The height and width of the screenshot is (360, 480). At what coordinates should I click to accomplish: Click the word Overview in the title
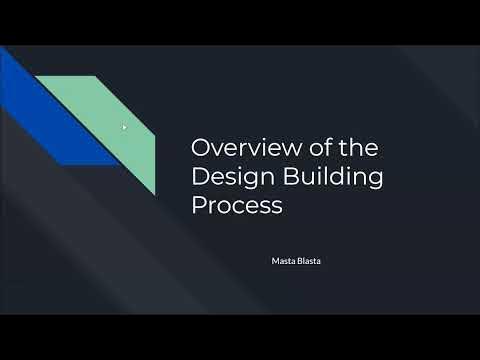pyautogui.click(x=237, y=148)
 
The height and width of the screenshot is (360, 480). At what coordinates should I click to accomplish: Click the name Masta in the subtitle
pyautogui.click(x=283, y=261)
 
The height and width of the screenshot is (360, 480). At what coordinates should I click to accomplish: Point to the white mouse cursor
pyautogui.click(x=124, y=127)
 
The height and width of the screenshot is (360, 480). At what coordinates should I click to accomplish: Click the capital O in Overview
pyautogui.click(x=200, y=148)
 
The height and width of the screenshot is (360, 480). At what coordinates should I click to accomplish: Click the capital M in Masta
pyautogui.click(x=275, y=261)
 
